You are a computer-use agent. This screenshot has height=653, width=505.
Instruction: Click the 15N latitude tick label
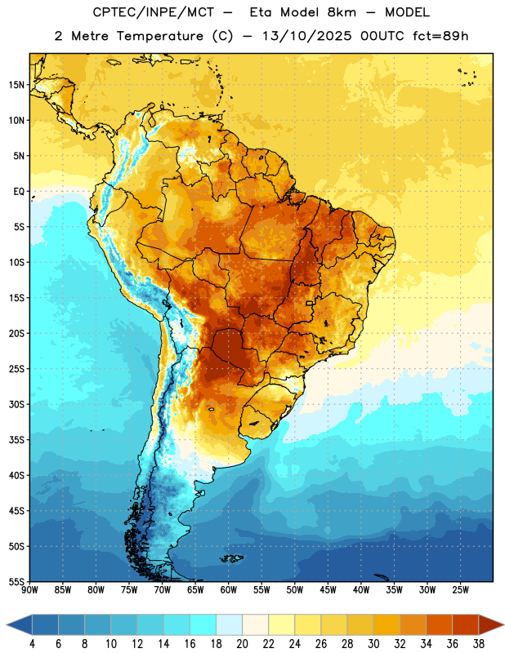(16, 85)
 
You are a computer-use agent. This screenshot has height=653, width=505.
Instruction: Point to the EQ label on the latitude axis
(19, 192)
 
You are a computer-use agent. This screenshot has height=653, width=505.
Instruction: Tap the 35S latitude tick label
(16, 440)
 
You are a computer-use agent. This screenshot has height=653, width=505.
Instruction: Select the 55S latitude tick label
(16, 581)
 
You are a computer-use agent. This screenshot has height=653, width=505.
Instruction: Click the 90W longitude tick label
(29, 590)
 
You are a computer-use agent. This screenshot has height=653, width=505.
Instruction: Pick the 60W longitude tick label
(229, 590)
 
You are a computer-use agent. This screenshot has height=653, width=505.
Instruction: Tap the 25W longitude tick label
(460, 590)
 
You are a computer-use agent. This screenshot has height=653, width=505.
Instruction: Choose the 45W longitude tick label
(328, 590)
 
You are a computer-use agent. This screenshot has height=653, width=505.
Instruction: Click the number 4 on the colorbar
(32, 644)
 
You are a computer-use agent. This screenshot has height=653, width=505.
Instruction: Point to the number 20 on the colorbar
(242, 644)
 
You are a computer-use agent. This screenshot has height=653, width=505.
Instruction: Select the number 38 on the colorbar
(479, 644)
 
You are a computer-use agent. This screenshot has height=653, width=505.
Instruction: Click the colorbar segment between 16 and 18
(203, 624)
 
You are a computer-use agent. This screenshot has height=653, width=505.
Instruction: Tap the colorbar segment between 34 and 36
(440, 624)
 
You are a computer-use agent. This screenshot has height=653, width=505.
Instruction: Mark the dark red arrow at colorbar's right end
(490, 624)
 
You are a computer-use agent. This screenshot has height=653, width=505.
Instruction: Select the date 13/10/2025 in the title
(307, 36)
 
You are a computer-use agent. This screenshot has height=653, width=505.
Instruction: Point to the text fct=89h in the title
(440, 36)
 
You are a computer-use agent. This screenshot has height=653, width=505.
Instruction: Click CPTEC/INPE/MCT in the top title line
(154, 12)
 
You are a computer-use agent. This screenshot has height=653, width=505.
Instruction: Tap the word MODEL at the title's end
(407, 12)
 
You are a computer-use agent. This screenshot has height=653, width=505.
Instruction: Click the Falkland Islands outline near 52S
(232, 558)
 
